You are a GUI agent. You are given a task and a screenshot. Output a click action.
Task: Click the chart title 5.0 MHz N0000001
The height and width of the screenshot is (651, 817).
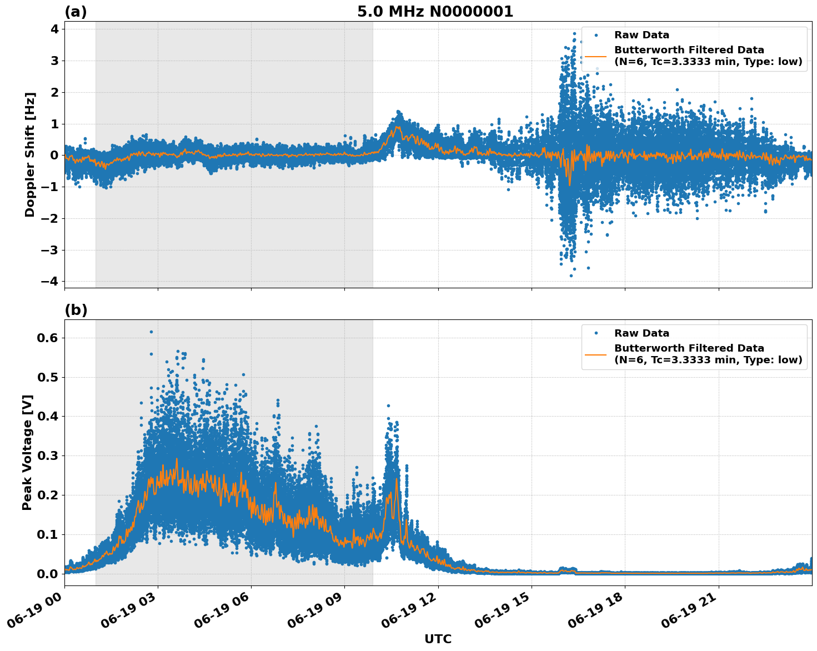pos(435,12)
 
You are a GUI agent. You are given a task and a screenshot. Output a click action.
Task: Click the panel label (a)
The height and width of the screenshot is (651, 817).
pos(76,12)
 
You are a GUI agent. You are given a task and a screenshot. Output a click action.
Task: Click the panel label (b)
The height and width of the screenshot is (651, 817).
pos(76,310)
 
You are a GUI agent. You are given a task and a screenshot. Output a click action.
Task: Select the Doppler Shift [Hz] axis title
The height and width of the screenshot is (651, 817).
pos(30,154)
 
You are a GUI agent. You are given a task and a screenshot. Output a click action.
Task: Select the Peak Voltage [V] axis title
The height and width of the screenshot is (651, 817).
pos(27,452)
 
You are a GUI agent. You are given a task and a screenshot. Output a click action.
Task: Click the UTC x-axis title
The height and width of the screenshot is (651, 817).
pos(438,639)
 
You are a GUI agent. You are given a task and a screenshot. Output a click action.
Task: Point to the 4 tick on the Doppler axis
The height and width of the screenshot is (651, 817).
pos(54,29)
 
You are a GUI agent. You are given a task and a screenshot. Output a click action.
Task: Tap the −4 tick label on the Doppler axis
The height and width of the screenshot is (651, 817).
pos(49,281)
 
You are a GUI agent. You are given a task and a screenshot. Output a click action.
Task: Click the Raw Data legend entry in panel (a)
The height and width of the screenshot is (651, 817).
pos(641,35)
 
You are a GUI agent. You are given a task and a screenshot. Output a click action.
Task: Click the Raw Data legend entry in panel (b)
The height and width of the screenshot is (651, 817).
pos(641,333)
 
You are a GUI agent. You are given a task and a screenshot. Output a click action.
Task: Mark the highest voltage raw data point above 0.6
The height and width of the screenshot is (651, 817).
pos(151,332)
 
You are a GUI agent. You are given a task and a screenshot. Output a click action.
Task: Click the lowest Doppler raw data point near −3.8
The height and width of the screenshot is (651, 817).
pos(570,276)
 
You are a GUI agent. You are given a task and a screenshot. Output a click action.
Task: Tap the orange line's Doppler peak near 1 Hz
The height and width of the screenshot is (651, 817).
pos(398,127)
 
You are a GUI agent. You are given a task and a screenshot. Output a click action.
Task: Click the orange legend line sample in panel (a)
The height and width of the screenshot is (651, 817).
pos(595,56)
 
